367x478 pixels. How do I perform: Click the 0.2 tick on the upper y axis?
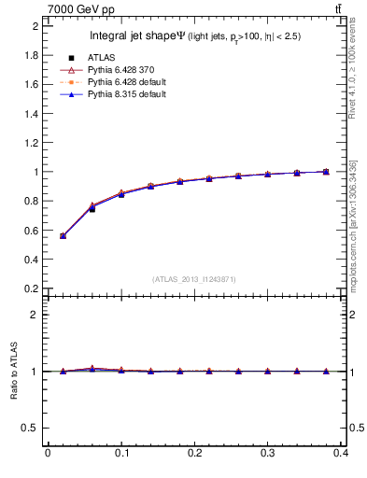point(33,288)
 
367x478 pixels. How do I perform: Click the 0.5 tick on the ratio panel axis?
point(33,428)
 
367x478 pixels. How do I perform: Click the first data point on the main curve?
point(63,236)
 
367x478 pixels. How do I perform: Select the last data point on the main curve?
point(326,172)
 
